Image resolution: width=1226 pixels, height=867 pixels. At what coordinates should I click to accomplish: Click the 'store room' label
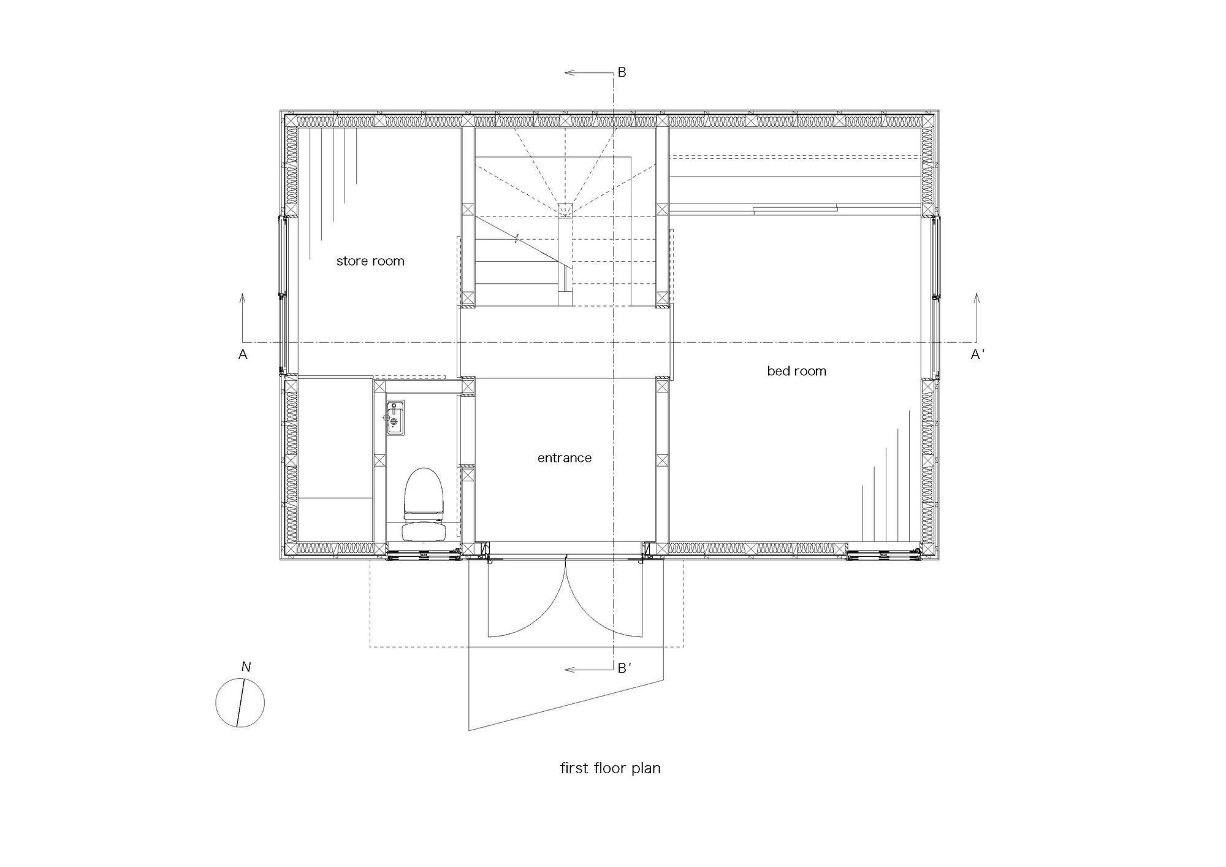370,261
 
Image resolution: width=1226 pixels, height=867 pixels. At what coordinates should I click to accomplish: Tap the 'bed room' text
796,371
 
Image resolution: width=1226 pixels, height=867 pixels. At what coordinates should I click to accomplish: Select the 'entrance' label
565,458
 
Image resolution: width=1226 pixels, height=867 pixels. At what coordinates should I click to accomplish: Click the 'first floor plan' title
611,768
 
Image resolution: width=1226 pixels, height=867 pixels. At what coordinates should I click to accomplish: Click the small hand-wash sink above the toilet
395,418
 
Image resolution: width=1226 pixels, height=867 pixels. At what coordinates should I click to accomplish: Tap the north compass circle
240,703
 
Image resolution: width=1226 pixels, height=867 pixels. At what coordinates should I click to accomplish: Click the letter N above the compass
246,666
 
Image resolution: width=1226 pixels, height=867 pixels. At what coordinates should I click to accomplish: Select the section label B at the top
622,72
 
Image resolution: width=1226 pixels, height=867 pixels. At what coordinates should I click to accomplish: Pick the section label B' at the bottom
624,668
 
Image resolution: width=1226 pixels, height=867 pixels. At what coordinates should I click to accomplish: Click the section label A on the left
243,354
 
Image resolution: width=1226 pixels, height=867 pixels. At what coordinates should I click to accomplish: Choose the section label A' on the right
978,354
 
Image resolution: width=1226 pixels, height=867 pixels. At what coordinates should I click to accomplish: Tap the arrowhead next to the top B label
569,73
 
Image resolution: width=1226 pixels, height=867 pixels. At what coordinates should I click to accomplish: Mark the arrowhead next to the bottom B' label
569,670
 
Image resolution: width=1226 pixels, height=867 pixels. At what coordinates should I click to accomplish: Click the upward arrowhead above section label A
242,298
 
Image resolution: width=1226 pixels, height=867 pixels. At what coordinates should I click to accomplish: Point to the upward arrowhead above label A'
977,298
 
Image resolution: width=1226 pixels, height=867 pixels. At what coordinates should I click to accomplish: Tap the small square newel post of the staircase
565,210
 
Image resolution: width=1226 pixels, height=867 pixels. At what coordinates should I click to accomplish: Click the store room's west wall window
283,295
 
